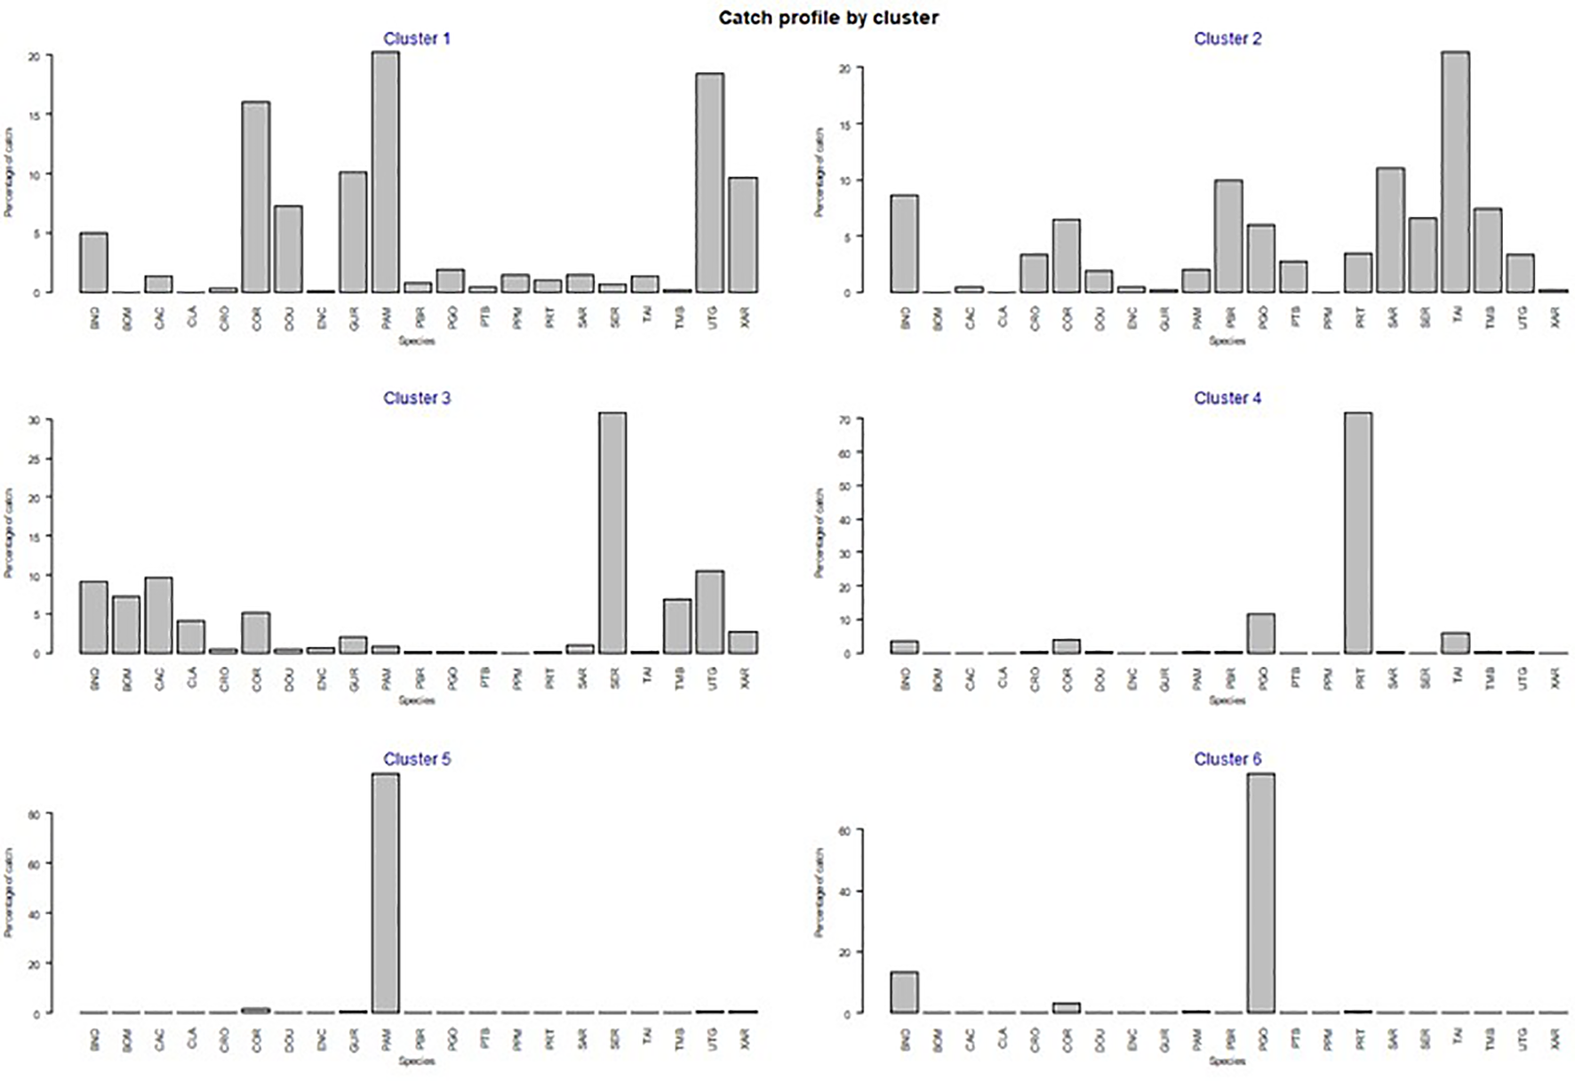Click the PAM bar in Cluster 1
pyautogui.click(x=386, y=172)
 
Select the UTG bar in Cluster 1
pyautogui.click(x=709, y=183)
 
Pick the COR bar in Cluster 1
pyautogui.click(x=256, y=197)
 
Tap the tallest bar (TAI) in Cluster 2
pyautogui.click(x=1455, y=172)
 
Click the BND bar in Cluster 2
pyautogui.click(x=905, y=244)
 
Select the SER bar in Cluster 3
pyautogui.click(x=612, y=533)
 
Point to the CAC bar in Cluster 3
pyautogui.click(x=159, y=615)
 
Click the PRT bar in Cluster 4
pyautogui.click(x=1358, y=533)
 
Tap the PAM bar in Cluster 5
pyautogui.click(x=386, y=893)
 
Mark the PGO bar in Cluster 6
pyautogui.click(x=1260, y=893)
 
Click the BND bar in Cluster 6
pyautogui.click(x=905, y=992)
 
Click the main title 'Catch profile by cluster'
pyautogui.click(x=828, y=18)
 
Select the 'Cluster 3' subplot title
pyautogui.click(x=417, y=398)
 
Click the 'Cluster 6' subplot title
pyautogui.click(x=1227, y=759)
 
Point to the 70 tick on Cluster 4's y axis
pyautogui.click(x=845, y=419)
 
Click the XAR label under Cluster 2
pyautogui.click(x=1555, y=317)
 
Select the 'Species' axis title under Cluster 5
pyautogui.click(x=417, y=1061)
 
